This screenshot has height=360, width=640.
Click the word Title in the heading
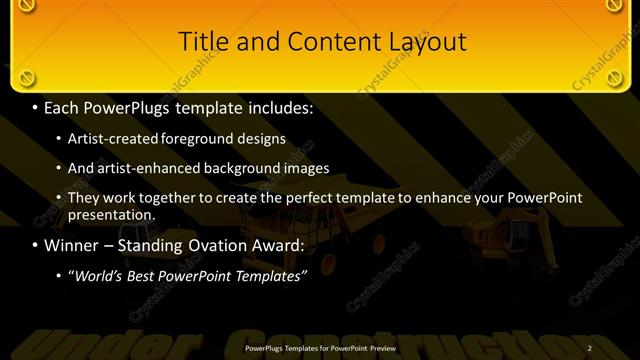pos(201,42)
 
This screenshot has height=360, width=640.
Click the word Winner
pos(72,245)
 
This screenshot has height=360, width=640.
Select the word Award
pos(280,245)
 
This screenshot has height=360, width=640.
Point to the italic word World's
pos(98,277)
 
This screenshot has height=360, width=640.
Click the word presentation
pos(111,214)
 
